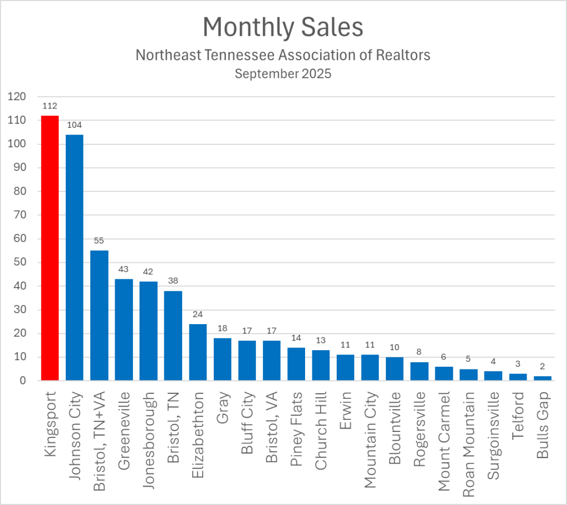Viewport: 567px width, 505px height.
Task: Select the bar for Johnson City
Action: click(x=74, y=257)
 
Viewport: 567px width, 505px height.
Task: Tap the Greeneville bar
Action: click(x=123, y=330)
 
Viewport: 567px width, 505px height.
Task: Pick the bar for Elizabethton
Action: click(x=198, y=352)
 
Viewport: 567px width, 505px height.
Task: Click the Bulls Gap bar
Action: click(x=543, y=378)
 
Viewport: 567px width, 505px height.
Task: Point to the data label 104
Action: click(x=74, y=125)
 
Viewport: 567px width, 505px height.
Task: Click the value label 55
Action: click(x=99, y=241)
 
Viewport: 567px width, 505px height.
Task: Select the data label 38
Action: click(x=173, y=281)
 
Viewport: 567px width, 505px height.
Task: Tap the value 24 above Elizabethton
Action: click(x=198, y=314)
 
